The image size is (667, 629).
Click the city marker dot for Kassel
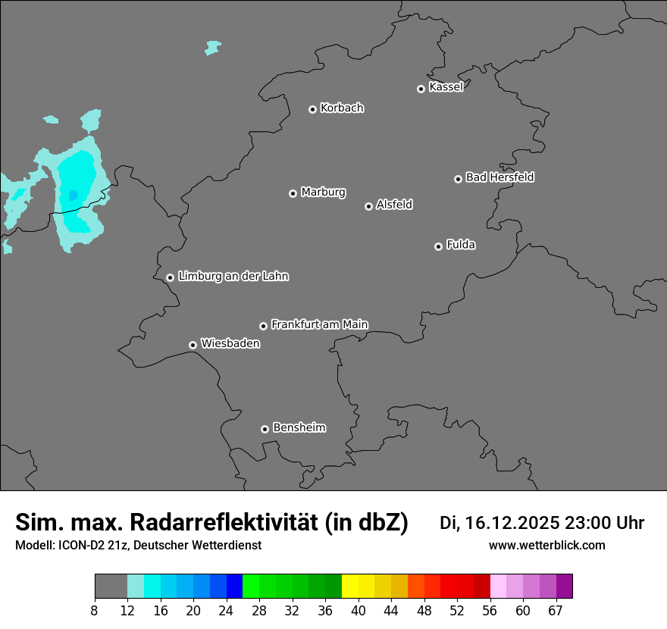421,89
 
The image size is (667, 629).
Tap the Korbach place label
342,108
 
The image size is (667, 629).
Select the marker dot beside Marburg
293,193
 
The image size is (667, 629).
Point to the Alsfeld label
394,205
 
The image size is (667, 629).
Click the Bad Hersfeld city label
499,177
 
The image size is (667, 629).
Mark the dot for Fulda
438,246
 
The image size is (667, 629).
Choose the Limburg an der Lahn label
233,276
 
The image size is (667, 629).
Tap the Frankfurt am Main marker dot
263,326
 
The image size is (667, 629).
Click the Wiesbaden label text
230,343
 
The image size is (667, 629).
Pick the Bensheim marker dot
265,429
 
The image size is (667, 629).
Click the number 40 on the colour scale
358,610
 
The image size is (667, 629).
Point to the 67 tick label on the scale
556,610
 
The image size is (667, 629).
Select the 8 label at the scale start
95,610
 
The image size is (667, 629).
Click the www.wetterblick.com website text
546,546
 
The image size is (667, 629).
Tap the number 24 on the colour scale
226,610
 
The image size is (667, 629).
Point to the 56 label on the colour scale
490,610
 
